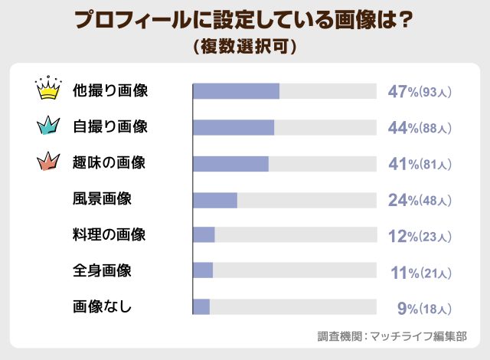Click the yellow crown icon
(x=48, y=90)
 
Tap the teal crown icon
(x=48, y=126)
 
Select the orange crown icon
(x=48, y=162)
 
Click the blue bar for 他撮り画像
(x=236, y=91)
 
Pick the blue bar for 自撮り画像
(x=234, y=127)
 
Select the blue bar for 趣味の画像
(x=230, y=163)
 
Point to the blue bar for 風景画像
(x=215, y=199)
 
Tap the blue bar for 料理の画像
(x=204, y=235)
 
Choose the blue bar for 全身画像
(x=203, y=270)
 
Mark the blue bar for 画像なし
(x=201, y=306)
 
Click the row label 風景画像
(x=102, y=199)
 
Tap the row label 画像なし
(x=102, y=307)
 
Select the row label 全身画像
(x=102, y=271)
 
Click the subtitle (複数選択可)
(x=245, y=46)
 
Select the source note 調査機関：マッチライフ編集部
(x=392, y=335)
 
